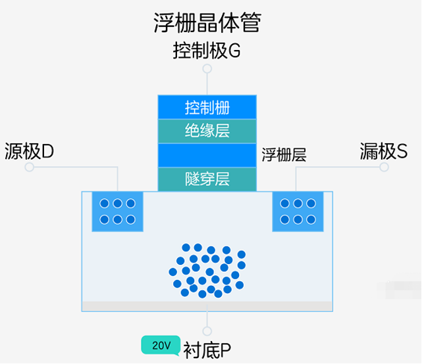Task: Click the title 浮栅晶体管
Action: pos(207,22)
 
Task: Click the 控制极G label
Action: pos(207,51)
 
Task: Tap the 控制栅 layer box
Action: pos(207,107)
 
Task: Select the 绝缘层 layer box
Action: pos(207,131)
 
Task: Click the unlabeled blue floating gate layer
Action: pos(207,155)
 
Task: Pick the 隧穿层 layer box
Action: pos(207,179)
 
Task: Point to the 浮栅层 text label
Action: pos(284,155)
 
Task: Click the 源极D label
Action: pos(30,152)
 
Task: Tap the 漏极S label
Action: pos(384,152)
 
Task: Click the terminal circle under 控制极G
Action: pos(207,69)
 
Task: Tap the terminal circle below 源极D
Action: pos(29,168)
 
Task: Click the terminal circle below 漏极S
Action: pos(384,168)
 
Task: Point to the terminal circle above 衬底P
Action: pos(207,331)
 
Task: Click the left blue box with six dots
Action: pos(117,211)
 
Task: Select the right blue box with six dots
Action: pos(298,211)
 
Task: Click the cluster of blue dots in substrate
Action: pos(207,269)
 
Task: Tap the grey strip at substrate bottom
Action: pos(207,306)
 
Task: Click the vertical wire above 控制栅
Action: pos(207,84)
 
